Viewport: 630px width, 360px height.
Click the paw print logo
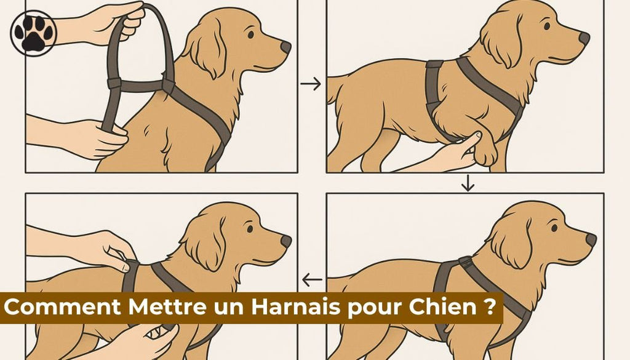tap(33, 33)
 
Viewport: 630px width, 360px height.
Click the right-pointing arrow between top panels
tap(312, 84)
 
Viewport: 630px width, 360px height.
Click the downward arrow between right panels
tap(468, 183)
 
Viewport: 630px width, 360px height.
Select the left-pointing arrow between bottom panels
tap(312, 281)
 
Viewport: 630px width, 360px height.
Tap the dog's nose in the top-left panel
tap(285, 47)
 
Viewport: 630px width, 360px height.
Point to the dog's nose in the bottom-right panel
tap(591, 239)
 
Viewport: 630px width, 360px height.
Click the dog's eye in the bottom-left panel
tap(250, 228)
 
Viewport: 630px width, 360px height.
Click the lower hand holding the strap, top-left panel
tap(98, 137)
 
